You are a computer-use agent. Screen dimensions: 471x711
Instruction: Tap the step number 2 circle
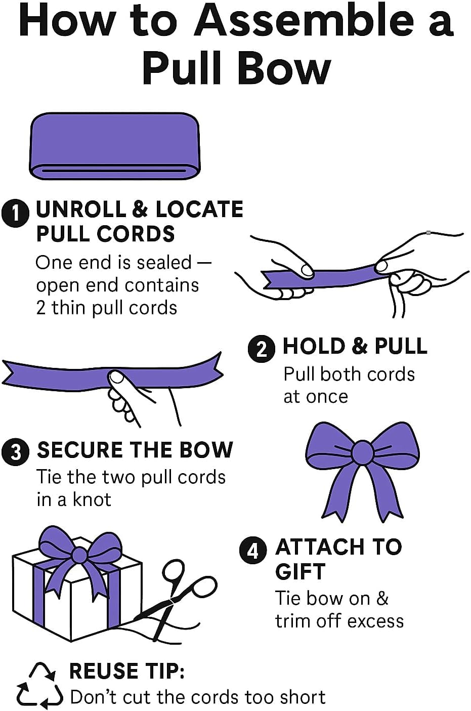[x=262, y=349]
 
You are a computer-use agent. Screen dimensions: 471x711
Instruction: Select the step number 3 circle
[x=16, y=452]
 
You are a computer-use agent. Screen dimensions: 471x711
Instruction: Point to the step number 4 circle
[x=253, y=551]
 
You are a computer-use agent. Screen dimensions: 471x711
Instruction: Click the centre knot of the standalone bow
[x=363, y=452]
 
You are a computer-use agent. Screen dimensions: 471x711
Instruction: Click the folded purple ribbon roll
[x=114, y=146]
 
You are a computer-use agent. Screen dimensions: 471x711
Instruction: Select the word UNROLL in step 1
[x=81, y=210]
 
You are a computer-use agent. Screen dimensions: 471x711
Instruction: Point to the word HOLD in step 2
[x=314, y=346]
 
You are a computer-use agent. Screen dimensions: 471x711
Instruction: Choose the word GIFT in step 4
[x=300, y=572]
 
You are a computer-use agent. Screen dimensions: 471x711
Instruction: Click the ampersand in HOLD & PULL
[x=360, y=346]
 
